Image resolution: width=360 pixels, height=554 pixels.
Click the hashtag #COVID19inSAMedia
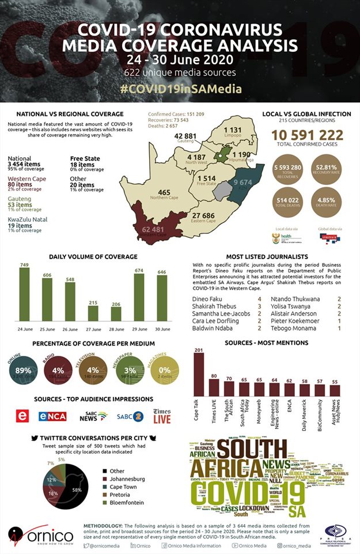[180, 88]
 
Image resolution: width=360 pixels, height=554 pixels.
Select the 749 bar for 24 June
[24, 294]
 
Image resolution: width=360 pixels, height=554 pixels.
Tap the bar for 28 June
[116, 314]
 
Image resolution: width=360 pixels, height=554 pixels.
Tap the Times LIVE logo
[162, 416]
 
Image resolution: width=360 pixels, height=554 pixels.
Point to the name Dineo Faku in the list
[207, 299]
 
